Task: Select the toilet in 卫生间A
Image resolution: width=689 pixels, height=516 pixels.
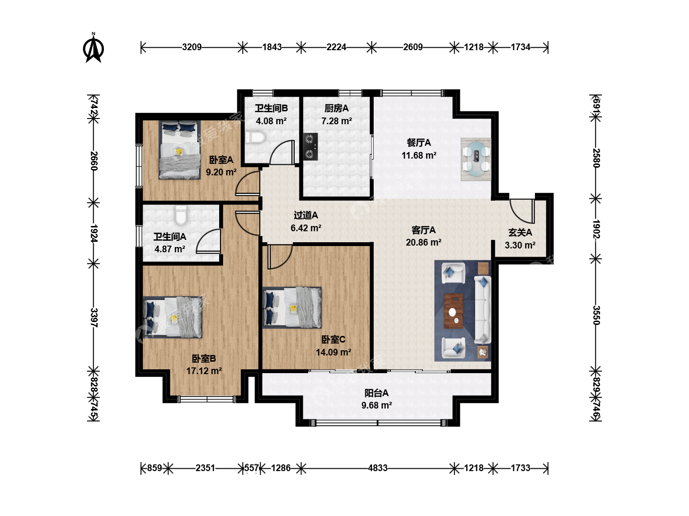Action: point(181,215)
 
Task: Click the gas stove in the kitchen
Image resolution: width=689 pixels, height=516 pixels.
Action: point(310,147)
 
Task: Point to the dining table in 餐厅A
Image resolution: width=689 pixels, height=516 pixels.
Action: point(476,159)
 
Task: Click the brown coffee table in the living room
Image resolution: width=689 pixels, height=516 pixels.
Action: point(454,311)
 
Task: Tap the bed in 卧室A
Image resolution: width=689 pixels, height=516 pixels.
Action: point(179,150)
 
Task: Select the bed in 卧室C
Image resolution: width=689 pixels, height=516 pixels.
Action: point(292,307)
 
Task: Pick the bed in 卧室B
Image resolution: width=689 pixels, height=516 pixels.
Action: point(172,317)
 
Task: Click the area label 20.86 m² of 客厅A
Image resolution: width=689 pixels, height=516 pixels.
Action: point(423,243)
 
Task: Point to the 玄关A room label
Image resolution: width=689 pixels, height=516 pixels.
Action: point(520,233)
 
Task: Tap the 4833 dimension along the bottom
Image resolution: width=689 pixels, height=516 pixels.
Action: point(378,468)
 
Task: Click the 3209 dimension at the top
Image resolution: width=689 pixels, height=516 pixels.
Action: point(192,47)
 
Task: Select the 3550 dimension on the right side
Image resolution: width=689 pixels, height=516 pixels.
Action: point(596,315)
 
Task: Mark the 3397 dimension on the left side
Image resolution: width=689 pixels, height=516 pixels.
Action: point(94,317)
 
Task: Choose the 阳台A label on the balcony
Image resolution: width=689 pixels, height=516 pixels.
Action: point(377,393)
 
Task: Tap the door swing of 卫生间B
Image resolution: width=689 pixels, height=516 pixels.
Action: point(281,152)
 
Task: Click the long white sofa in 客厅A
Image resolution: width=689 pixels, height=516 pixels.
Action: point(483,310)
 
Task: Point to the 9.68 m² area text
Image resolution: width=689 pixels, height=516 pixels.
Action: point(377,406)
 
